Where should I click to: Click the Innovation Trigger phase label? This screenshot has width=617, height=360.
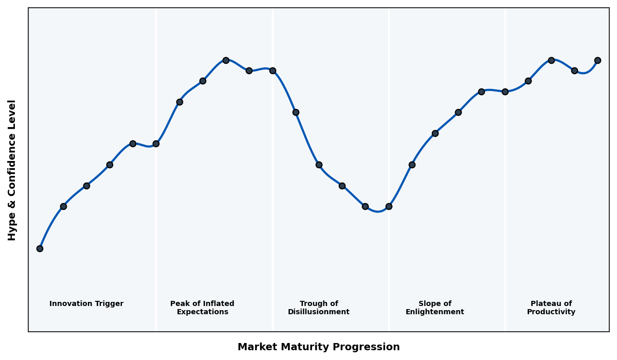tap(86, 304)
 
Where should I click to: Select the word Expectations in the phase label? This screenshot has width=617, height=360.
tap(203, 312)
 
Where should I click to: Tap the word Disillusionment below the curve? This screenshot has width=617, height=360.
tap(319, 312)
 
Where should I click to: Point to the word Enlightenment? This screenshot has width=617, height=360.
tap(435, 312)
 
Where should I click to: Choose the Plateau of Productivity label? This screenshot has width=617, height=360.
tap(551, 308)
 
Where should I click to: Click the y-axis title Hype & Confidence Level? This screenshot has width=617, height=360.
tap(12, 170)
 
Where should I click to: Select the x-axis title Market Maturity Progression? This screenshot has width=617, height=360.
tap(319, 347)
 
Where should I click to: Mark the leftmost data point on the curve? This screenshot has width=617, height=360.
tap(40, 248)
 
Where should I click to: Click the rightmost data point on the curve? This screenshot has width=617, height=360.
tap(597, 60)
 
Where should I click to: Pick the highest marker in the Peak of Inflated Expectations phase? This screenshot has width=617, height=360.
tap(226, 60)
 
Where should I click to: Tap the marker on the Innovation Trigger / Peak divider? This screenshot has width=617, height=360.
tap(156, 143)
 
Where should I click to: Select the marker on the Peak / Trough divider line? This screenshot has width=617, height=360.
tap(273, 70)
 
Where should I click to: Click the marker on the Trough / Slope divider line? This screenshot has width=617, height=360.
tap(389, 206)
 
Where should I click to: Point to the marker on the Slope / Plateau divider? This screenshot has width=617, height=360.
tap(505, 92)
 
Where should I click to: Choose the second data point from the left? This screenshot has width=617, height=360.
tap(63, 206)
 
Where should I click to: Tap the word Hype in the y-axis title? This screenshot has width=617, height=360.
tap(12, 229)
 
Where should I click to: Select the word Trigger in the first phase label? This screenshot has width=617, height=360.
tap(109, 304)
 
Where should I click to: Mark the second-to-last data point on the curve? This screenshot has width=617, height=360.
tap(574, 70)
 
